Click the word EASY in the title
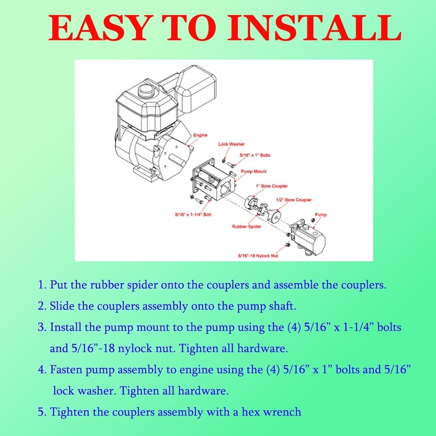coord(98,28)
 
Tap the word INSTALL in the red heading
coord(314,28)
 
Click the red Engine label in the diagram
coord(200,135)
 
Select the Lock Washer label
coord(232,144)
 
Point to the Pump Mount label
coord(253,171)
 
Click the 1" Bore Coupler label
coord(272,186)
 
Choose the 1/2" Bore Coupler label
coord(293,200)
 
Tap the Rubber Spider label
coord(247,227)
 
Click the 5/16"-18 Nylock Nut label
coord(258,256)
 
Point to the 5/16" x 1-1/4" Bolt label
coord(193,215)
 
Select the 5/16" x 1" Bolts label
coord(255,155)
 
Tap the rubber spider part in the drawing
coord(262,210)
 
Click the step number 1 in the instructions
coord(42,285)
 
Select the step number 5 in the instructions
coord(42,412)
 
